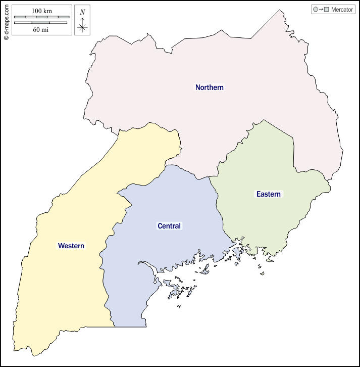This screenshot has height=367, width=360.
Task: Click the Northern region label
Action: click(x=210, y=87)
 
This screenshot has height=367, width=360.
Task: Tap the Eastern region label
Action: click(x=268, y=194)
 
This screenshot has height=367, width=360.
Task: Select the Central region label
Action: click(x=169, y=226)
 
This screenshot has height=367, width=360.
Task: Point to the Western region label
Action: click(x=71, y=246)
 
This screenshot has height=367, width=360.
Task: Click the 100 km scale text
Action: click(x=41, y=11)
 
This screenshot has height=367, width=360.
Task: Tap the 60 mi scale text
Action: click(x=41, y=29)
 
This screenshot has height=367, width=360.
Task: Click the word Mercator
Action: click(x=342, y=10)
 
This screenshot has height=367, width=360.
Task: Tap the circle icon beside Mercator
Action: click(x=316, y=10)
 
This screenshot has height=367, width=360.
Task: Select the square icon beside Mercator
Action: click(x=327, y=10)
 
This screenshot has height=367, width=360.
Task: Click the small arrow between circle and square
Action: click(x=321, y=10)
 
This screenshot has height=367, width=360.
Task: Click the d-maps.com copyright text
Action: click(x=6, y=18)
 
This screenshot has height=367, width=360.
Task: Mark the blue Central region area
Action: click(x=151, y=253)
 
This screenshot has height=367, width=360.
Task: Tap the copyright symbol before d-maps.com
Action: click(x=6, y=37)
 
